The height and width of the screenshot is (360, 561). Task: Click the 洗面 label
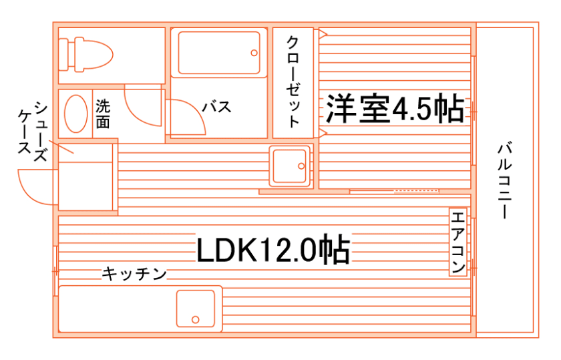point(103,114)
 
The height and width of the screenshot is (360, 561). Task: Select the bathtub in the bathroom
point(218,53)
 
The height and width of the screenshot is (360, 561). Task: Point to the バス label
point(216,107)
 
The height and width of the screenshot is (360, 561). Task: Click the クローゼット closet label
point(293,81)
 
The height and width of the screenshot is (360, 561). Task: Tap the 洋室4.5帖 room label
point(395,109)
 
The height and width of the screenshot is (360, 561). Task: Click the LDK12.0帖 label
point(272,250)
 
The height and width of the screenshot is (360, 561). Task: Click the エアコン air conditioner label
point(457,242)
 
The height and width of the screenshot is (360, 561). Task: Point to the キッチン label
point(134,273)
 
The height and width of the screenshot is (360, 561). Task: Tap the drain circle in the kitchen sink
point(196,319)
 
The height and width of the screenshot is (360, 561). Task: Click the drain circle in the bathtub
point(253,53)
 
